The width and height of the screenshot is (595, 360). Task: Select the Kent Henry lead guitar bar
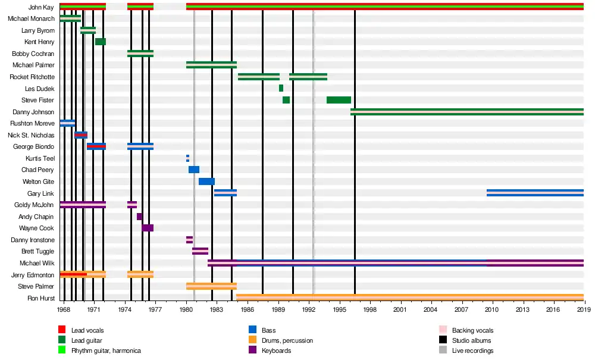[x=101, y=42]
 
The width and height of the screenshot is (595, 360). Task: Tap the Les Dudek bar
[x=281, y=88]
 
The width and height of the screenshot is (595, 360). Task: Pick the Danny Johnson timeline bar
[x=467, y=111]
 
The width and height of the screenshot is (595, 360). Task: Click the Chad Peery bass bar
[x=194, y=170]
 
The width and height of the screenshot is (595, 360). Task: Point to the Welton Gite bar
[x=206, y=181]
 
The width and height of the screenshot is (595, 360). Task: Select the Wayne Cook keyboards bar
[x=148, y=228]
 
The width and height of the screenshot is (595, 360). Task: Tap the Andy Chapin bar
[x=139, y=217]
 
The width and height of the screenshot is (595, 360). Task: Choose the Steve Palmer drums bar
[x=211, y=286]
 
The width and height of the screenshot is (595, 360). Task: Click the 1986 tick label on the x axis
[x=247, y=310]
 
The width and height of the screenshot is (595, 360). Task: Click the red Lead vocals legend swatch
[x=62, y=330]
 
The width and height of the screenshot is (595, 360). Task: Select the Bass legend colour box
[x=252, y=330]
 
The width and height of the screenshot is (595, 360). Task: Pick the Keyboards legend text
[x=277, y=350]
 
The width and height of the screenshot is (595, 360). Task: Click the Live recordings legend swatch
[x=443, y=350]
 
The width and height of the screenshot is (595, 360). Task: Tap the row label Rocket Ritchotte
[x=32, y=77]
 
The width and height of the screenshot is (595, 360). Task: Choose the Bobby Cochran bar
[x=140, y=54]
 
